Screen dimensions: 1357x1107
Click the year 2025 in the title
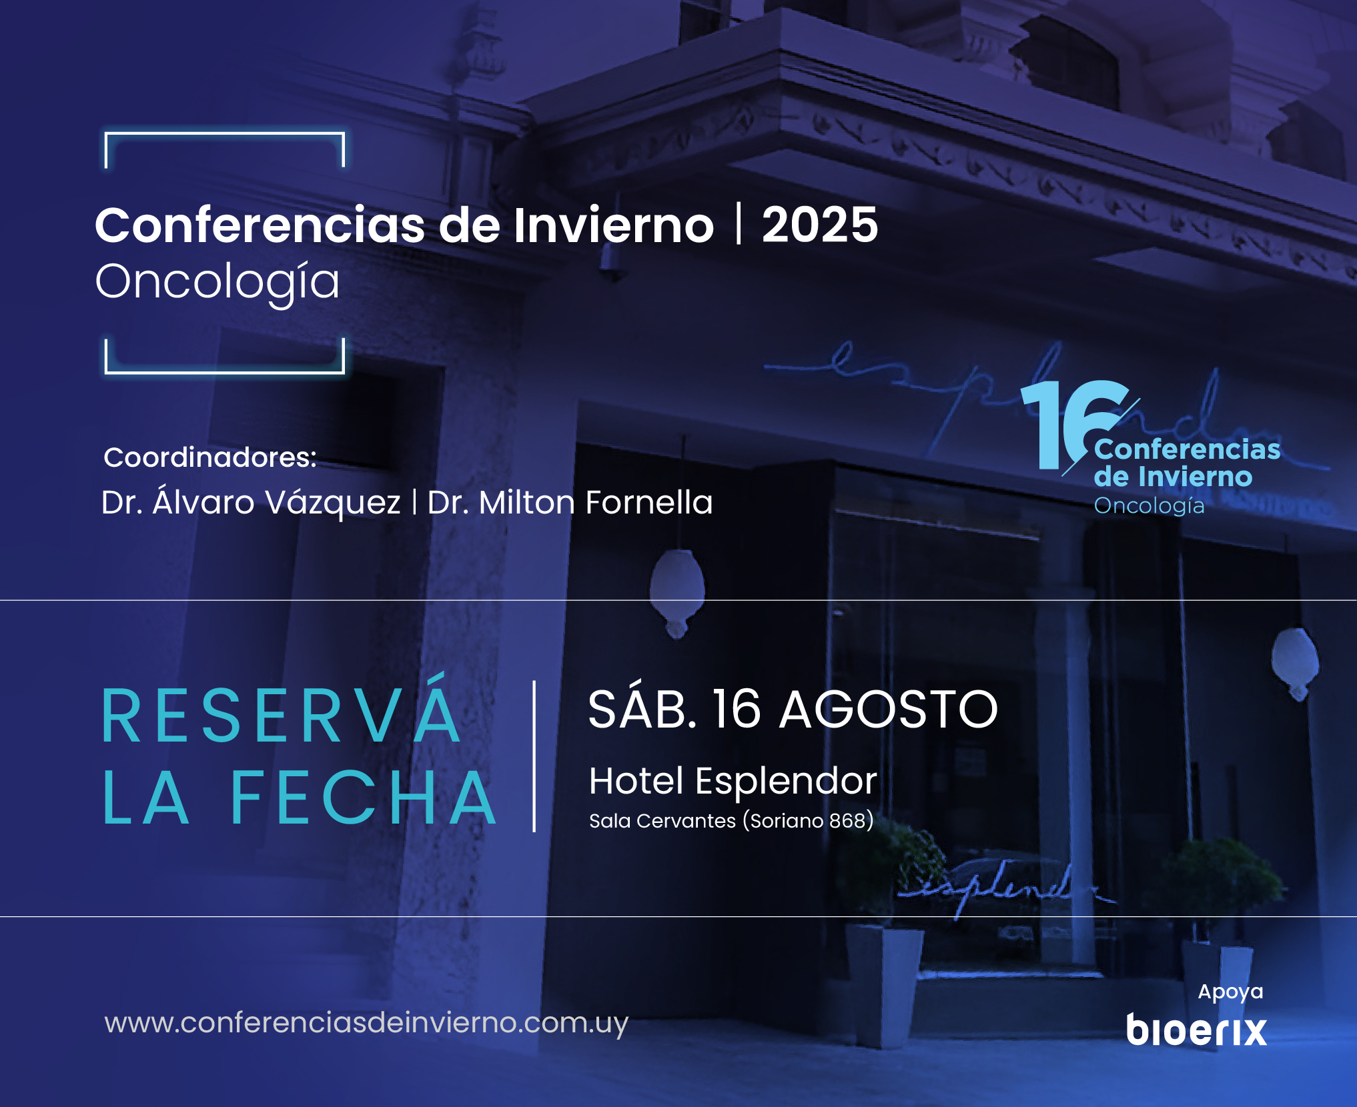pos(820,225)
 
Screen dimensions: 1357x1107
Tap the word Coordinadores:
pos(210,457)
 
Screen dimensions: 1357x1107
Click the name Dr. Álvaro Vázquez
pos(251,501)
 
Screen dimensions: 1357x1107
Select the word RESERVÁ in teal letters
pos(281,712)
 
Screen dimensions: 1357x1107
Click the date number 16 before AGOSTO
pos(737,709)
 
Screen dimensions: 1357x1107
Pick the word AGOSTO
pos(889,709)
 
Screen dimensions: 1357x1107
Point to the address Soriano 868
pos(808,821)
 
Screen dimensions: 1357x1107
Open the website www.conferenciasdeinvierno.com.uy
pos(366,1023)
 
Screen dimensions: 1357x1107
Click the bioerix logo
pos(1196,1030)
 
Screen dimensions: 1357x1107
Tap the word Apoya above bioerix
pos(1230,992)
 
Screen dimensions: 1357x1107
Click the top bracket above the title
pos(225,134)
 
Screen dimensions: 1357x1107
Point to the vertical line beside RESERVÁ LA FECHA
pos(534,756)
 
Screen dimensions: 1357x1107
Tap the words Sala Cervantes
pos(662,821)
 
